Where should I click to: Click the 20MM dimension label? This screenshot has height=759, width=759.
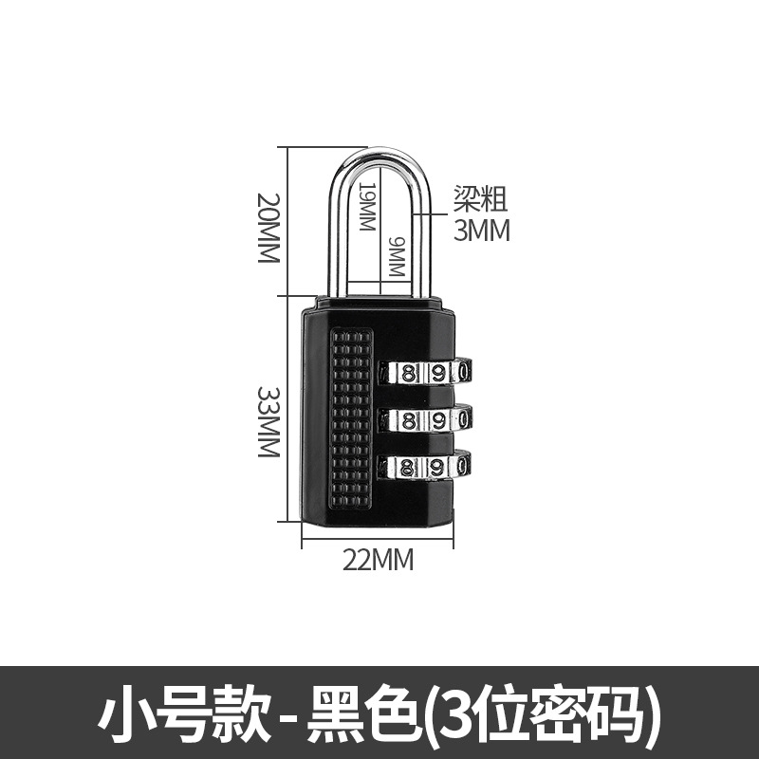pyautogui.click(x=269, y=228)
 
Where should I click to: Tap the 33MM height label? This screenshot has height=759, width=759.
pyautogui.click(x=269, y=421)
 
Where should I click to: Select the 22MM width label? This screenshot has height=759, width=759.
pyautogui.click(x=378, y=560)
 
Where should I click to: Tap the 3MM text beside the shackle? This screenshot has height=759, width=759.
pyautogui.click(x=481, y=230)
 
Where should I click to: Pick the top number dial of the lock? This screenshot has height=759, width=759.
pyautogui.click(x=426, y=371)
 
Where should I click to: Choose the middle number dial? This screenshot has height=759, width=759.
pyautogui.click(x=426, y=418)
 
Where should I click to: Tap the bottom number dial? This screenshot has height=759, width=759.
pyautogui.click(x=426, y=466)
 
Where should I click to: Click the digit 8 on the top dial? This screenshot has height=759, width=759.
pyautogui.click(x=409, y=372)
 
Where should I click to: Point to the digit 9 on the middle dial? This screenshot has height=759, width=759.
pyautogui.click(x=438, y=418)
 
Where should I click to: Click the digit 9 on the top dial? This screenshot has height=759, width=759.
pyautogui.click(x=438, y=371)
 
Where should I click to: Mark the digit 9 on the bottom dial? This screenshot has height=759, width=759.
pyautogui.click(x=438, y=466)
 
